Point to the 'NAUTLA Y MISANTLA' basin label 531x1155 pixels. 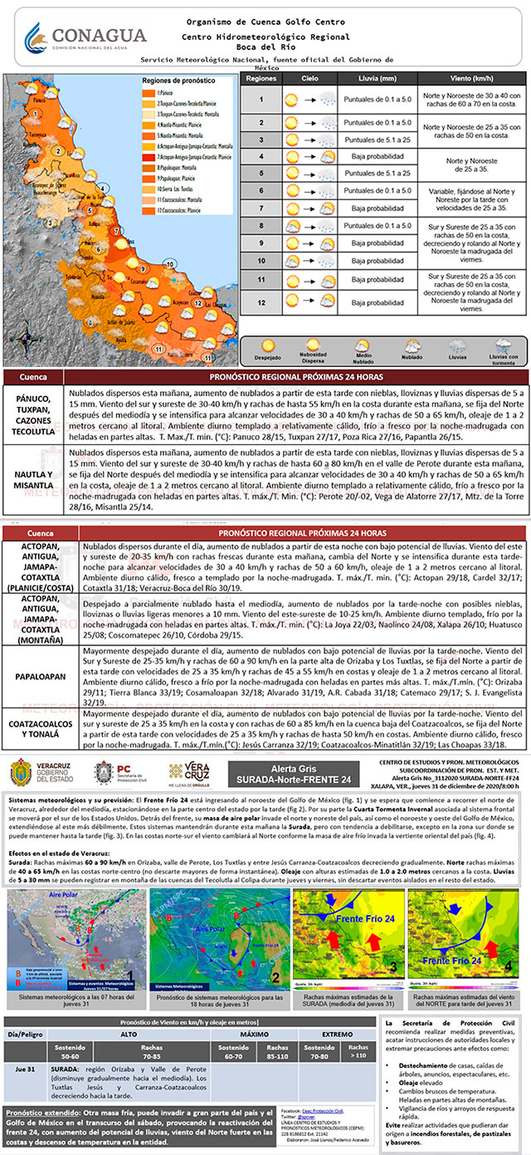tap(34, 470)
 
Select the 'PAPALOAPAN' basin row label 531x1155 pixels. tap(39, 676)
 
